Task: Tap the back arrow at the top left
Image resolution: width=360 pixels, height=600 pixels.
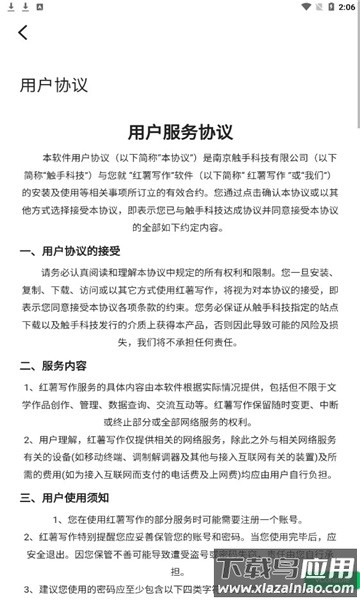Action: pos(23,33)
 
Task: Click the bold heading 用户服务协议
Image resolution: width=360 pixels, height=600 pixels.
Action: pos(180,132)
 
